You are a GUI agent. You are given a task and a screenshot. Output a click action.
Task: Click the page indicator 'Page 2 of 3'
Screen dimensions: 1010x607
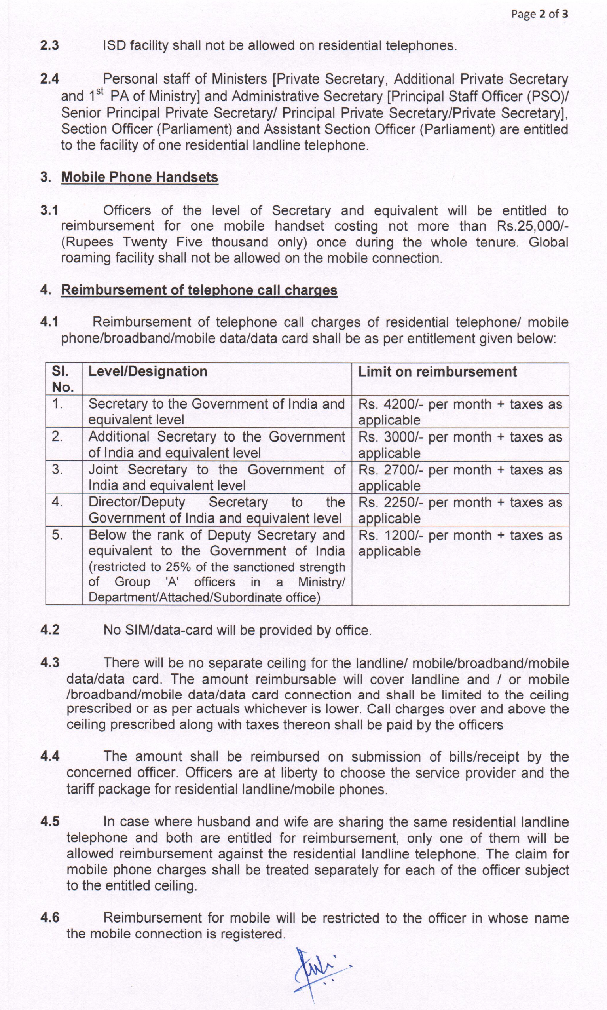539,14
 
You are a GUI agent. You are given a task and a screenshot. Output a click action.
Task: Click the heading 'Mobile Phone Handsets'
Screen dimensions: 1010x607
139,177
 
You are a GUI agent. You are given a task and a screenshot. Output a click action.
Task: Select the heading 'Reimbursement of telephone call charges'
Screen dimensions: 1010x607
199,290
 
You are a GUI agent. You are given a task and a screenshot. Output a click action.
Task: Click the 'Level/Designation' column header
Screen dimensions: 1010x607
148,371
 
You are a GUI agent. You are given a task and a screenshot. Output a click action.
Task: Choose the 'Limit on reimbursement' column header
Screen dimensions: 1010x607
437,371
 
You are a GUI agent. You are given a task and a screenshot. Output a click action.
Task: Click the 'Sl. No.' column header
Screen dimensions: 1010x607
63,379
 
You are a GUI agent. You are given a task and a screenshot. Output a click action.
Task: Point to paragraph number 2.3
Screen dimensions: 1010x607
49,45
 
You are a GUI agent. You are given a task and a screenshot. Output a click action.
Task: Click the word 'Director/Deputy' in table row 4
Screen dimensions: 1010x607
137,502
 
